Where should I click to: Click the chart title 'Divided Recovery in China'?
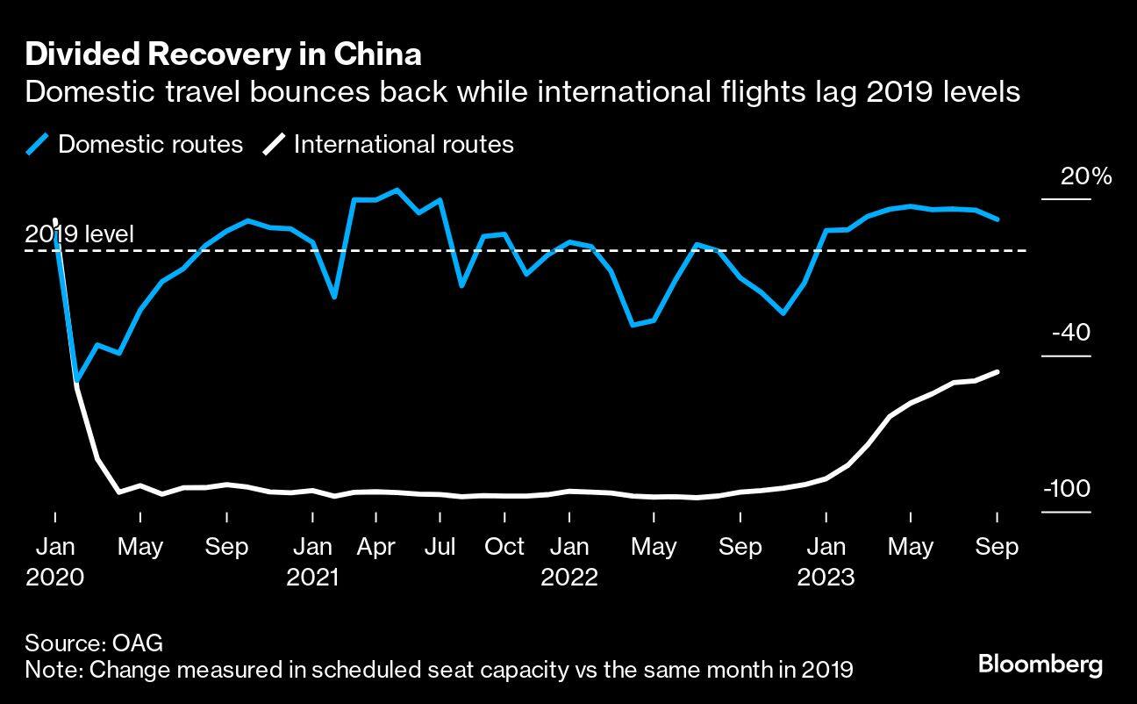coord(223,54)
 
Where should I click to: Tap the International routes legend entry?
coord(388,144)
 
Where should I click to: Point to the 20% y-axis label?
coord(1086,176)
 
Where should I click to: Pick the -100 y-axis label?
coord(1067,490)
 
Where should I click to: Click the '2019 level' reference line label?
coord(80,234)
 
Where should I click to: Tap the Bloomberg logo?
coord(1040,664)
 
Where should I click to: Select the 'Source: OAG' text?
coord(94,643)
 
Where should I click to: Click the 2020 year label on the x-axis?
coord(54,577)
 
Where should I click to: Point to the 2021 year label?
coord(312,577)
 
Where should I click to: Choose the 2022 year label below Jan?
coord(569,577)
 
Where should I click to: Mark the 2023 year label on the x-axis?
coord(826,577)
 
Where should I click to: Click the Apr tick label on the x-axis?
coord(376,547)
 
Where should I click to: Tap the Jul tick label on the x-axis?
coord(440,547)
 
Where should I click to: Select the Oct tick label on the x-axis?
coord(504,547)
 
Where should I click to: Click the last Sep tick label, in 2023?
coord(998,547)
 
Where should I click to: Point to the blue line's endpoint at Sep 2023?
coord(998,219)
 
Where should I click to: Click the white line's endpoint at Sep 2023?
coord(998,372)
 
